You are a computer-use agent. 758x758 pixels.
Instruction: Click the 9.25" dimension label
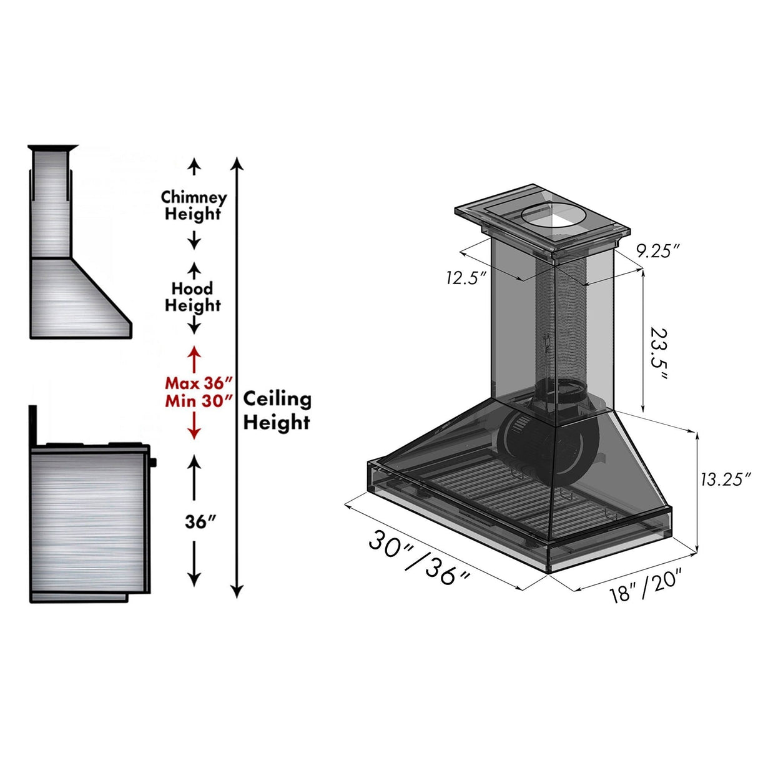[657, 251]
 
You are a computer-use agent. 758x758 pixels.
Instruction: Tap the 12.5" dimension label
[466, 278]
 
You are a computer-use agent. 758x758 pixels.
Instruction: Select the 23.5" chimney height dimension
[658, 353]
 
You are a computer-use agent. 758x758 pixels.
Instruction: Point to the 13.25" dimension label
[724, 479]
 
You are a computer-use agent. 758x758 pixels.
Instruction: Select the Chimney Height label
[194, 205]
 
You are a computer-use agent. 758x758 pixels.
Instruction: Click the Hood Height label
[193, 297]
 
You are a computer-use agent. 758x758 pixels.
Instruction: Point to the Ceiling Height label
[277, 410]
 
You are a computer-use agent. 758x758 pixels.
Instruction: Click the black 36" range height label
[200, 521]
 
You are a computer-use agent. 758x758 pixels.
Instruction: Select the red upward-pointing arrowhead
[194, 352]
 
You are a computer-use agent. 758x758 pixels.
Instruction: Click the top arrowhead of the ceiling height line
[237, 164]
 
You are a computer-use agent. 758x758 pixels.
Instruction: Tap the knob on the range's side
[153, 463]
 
